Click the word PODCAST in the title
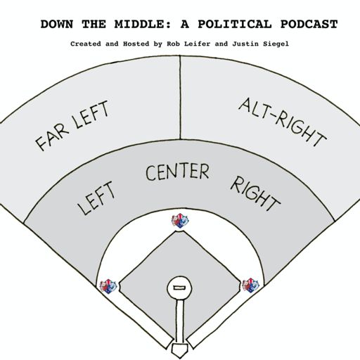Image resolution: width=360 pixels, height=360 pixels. click(309, 24)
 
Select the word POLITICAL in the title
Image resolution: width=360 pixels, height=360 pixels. click(235, 24)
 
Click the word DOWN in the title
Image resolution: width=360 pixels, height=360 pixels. click(57, 24)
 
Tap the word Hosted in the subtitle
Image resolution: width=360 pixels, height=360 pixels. click(136, 44)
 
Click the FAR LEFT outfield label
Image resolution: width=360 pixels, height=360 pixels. click(72, 126)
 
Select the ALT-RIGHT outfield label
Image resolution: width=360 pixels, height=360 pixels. click(283, 122)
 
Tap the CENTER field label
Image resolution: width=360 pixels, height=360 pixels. click(177, 172)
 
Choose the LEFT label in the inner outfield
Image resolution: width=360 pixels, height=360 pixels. click(96, 198)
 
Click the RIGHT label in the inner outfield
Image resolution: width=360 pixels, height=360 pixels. click(255, 194)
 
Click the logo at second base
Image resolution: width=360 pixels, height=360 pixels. click(180, 221)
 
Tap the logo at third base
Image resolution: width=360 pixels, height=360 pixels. click(108, 286)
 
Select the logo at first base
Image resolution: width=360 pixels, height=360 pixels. click(251, 285)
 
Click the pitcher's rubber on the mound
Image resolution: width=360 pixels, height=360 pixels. click(179, 288)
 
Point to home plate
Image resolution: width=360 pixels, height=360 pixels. click(180, 351)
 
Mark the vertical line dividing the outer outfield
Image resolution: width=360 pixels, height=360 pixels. click(180, 97)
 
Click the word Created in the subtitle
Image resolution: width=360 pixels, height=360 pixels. click(86, 44)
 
